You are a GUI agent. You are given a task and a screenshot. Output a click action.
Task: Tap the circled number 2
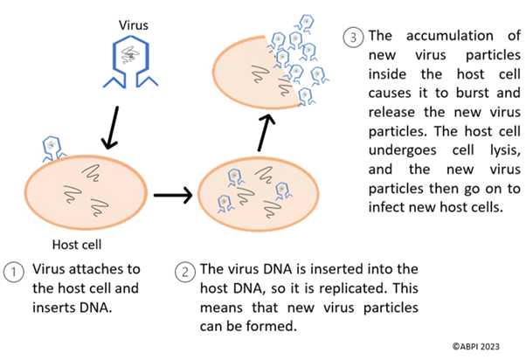point(186,272)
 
